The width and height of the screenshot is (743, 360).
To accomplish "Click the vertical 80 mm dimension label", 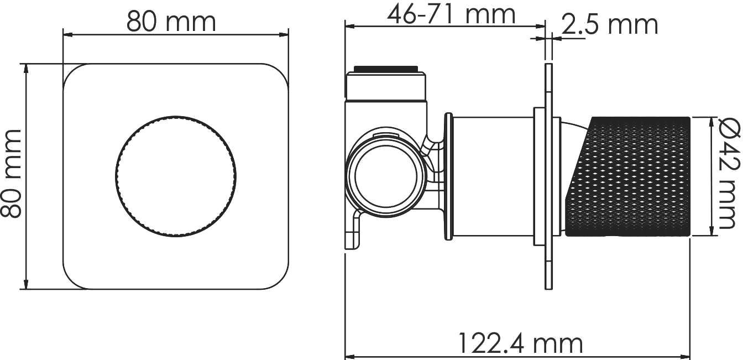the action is pyautogui.click(x=11, y=174).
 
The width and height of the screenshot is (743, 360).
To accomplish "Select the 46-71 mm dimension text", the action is pyautogui.click(x=451, y=15).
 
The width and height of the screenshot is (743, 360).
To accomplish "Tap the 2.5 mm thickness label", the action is pyautogui.click(x=610, y=25).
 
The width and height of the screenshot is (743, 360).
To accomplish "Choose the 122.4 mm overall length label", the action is pyautogui.click(x=520, y=343).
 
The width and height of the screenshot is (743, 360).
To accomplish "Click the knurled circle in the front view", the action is pyautogui.click(x=176, y=176).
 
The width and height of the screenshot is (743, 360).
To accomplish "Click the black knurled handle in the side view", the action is pyautogui.click(x=627, y=176).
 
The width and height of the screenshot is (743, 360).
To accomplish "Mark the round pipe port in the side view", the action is pyautogui.click(x=386, y=176).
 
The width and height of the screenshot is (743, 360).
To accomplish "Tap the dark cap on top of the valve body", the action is pyautogui.click(x=385, y=69).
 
